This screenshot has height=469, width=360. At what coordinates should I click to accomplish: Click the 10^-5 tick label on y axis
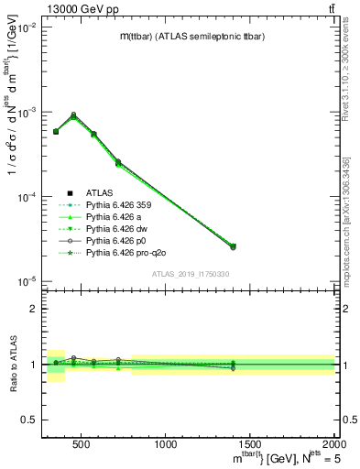coord(24,279)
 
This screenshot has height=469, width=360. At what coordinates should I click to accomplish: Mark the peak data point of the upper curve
coord(73,115)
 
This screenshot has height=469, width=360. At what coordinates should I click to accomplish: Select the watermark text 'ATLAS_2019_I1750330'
coord(191,274)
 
